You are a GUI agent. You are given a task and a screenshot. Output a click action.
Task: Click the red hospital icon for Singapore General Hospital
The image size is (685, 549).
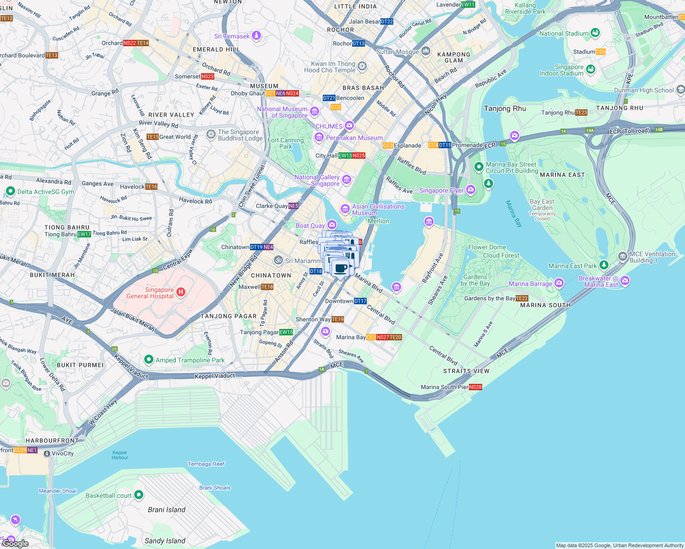point(181,292)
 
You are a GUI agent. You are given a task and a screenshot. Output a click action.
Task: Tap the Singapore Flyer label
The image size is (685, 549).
point(441,190)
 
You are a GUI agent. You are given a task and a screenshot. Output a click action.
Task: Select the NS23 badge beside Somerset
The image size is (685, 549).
point(207,76)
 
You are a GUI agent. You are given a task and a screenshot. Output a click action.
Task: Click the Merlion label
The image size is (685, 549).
point(378,221)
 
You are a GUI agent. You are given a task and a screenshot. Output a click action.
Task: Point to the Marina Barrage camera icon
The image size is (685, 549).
point(559,283)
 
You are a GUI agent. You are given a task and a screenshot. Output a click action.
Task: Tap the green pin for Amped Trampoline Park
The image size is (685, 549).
point(148,360)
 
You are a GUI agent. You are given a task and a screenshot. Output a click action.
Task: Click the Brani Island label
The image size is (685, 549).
point(167,510)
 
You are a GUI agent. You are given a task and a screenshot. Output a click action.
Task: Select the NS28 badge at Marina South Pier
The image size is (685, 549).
point(475,387)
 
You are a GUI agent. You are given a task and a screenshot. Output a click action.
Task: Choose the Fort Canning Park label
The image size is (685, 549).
point(286,143)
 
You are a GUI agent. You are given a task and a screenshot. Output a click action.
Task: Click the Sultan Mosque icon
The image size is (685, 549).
point(426,51)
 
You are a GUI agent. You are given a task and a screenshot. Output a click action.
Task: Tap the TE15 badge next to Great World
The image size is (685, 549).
point(152,137)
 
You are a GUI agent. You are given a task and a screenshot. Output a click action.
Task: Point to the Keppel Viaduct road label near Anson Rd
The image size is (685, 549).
point(215,376)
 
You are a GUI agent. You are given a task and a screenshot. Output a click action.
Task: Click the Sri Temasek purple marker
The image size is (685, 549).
point(256,36)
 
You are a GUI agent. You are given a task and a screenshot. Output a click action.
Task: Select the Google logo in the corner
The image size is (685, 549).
point(16,543)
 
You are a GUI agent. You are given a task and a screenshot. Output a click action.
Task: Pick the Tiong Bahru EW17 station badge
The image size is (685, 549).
point(84,234)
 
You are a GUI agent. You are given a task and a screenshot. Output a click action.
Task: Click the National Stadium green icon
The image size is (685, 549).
point(595,32)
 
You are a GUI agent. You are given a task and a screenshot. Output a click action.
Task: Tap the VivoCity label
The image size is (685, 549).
point(63,453)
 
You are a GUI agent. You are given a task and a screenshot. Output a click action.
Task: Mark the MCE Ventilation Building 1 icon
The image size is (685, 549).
point(622,256)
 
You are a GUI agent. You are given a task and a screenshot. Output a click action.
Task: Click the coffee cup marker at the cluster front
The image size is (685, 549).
point(340,269)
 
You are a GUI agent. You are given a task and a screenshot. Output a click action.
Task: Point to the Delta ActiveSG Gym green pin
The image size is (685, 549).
point(10,191)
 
